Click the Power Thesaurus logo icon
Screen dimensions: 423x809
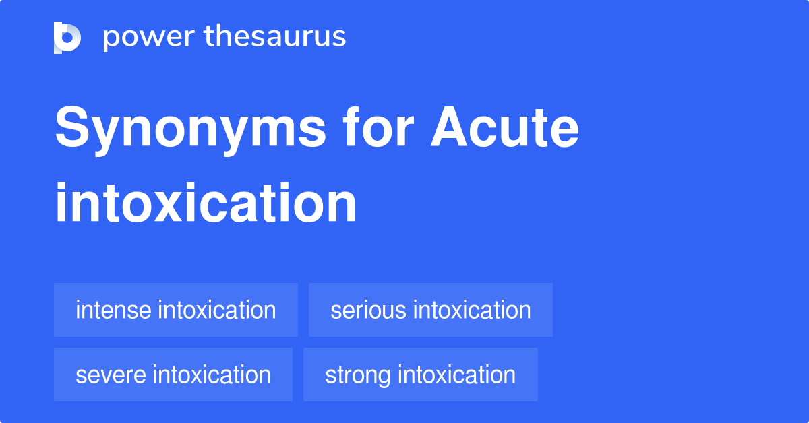pyautogui.click(x=67, y=37)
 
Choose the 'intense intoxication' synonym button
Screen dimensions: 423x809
pyautogui.click(x=175, y=310)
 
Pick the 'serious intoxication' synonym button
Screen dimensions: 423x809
pyautogui.click(x=430, y=310)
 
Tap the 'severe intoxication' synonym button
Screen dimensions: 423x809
pyautogui.click(x=173, y=375)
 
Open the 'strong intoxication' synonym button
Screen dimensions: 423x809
pyautogui.click(x=420, y=375)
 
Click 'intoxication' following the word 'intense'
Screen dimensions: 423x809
pyautogui.click(x=216, y=311)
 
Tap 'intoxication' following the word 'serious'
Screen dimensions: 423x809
pyautogui.click(x=471, y=311)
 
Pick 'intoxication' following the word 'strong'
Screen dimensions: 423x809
pyautogui.click(x=456, y=375)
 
